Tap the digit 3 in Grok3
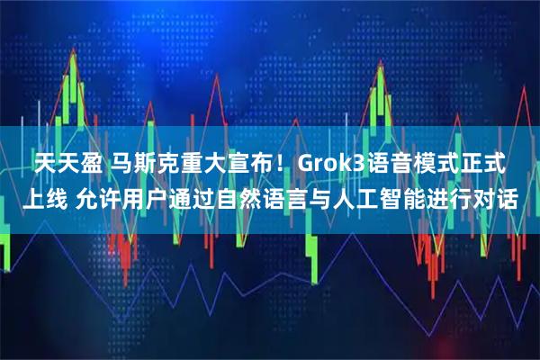click(x=359, y=166)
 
